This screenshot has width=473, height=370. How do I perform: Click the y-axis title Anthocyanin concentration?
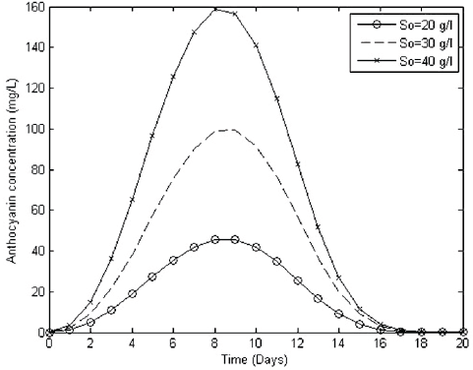[x=12, y=169]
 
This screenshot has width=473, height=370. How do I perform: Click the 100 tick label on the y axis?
[x=33, y=128]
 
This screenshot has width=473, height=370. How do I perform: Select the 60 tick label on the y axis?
[x=36, y=210]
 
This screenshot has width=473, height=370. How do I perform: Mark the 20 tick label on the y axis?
[x=36, y=291]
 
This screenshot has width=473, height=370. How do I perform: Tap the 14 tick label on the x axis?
[x=338, y=344]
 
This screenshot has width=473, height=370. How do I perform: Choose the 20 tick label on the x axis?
[x=462, y=344]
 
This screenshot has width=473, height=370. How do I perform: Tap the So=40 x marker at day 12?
[x=297, y=163]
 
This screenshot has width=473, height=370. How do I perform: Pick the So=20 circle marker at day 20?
[x=462, y=333]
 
